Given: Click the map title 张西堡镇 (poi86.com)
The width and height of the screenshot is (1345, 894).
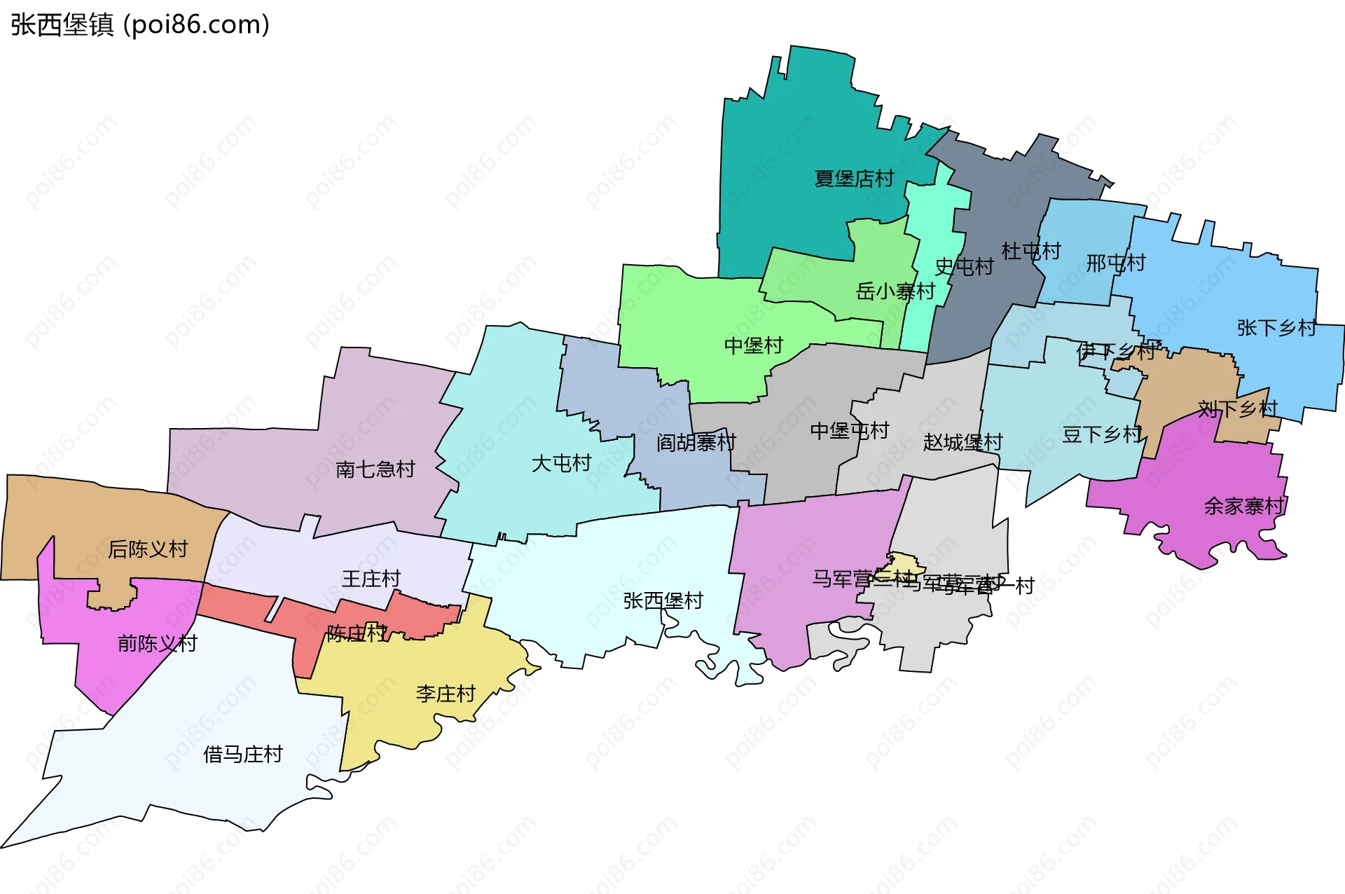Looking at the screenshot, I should [140, 25].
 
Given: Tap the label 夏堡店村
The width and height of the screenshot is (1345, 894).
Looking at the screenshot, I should [854, 179].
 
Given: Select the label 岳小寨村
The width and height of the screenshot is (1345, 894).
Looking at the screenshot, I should [895, 291].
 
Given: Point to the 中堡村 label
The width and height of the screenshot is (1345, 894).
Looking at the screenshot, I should [753, 345].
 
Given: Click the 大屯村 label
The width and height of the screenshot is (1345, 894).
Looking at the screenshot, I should [561, 463].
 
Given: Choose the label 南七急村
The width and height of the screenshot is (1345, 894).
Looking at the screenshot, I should [375, 469].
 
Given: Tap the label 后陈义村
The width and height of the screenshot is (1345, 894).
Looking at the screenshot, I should [148, 549].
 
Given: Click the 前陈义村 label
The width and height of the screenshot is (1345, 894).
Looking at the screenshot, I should [158, 643].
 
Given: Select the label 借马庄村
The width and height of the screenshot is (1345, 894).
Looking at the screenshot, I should [243, 755].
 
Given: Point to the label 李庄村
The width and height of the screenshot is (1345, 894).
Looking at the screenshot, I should [446, 694].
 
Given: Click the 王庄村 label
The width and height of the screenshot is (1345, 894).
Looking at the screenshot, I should [371, 579].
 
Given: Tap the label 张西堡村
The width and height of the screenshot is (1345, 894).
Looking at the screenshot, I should [663, 600].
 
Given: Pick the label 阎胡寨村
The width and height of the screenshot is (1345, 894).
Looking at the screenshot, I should [696, 442].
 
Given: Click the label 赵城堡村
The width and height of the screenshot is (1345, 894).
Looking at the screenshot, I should [963, 442].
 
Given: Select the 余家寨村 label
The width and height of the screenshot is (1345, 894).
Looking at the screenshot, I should [1243, 506].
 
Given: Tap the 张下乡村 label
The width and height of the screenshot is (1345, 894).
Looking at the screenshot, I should [1276, 328].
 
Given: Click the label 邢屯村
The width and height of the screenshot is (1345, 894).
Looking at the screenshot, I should [1115, 263].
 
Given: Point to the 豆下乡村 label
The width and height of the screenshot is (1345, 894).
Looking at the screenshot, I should [1102, 434].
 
